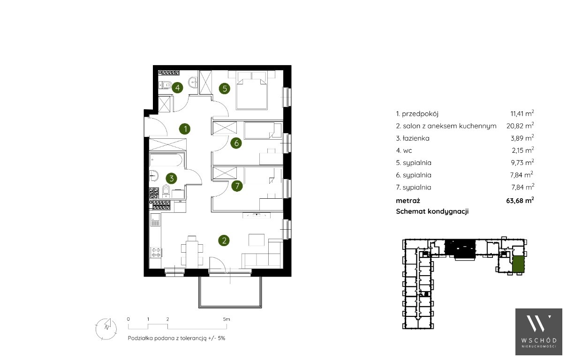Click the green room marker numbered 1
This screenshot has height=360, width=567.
(185, 129)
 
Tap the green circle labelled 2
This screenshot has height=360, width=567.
(224, 240)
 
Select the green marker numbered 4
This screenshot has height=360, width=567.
(177, 88)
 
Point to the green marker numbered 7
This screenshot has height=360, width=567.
(237, 186)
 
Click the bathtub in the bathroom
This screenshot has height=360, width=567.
(166, 160)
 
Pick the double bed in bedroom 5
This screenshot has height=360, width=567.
(251, 90)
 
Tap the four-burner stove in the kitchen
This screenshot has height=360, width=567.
(156, 252)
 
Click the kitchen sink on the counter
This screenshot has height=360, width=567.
(155, 219)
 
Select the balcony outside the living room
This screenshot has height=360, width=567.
(230, 292)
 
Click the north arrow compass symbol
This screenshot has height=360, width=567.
(106, 329)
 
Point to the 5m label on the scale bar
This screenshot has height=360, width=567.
(227, 319)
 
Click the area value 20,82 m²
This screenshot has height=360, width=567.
(520, 126)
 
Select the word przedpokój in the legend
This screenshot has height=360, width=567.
(420, 114)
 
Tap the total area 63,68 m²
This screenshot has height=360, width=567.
(520, 200)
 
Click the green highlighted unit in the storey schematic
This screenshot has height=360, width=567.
(518, 264)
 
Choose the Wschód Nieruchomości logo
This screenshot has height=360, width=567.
(539, 332)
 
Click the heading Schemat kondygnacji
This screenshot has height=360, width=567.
(432, 211)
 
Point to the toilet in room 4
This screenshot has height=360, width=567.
(166, 85)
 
